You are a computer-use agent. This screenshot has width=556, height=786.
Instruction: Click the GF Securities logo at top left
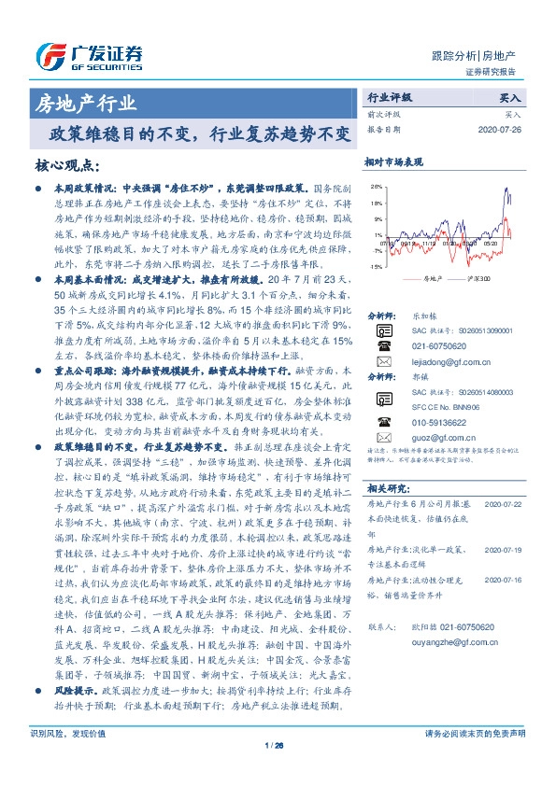(89, 52)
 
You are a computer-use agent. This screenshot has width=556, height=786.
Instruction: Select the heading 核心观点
(67, 165)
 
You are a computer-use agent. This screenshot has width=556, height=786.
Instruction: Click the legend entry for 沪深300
(476, 278)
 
